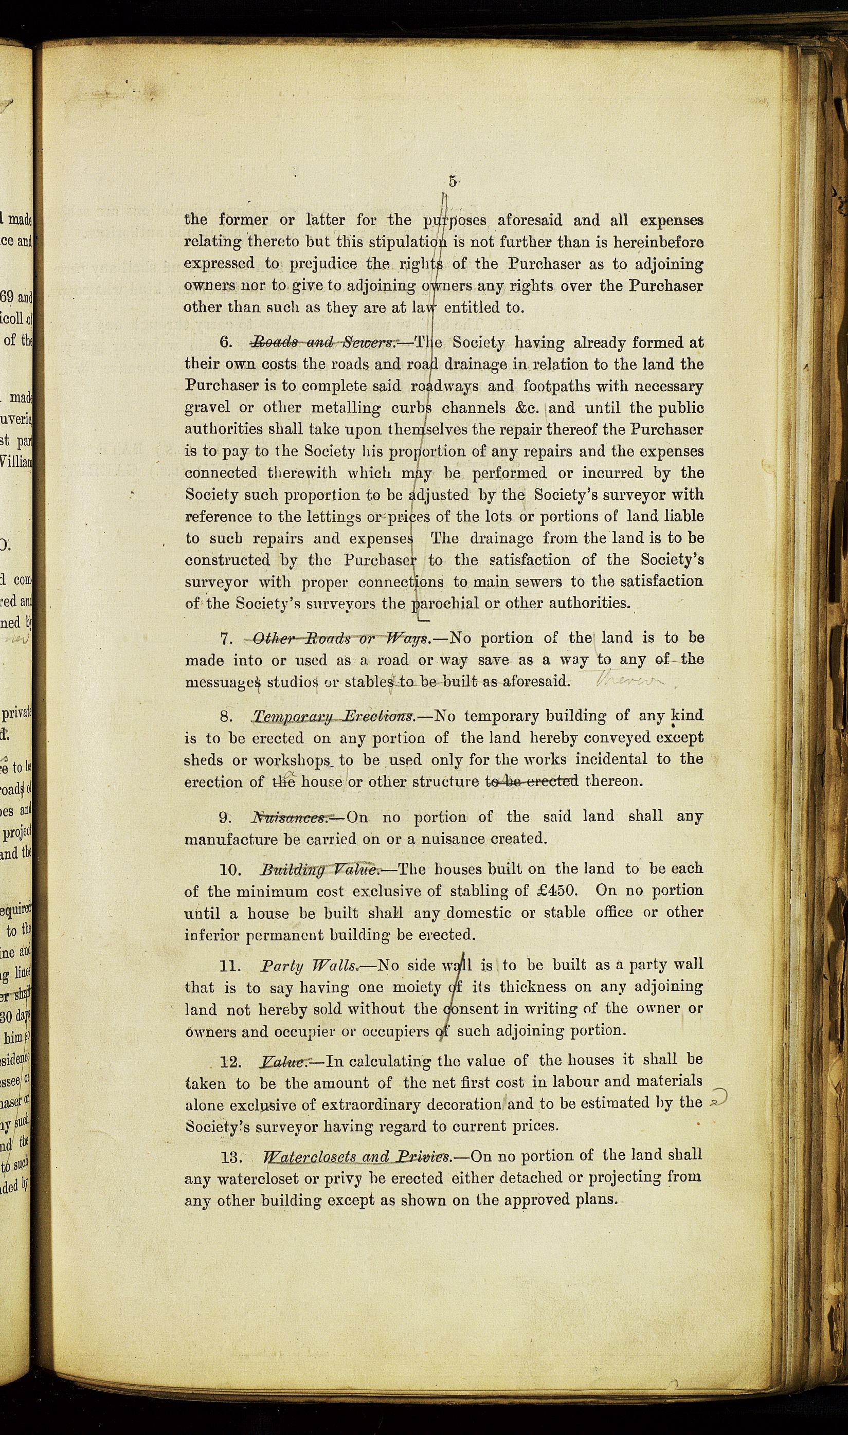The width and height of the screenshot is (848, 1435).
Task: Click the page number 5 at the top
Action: tap(452, 181)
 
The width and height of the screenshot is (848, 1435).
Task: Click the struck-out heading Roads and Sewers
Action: tap(323, 343)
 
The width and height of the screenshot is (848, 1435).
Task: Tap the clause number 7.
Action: tap(226, 638)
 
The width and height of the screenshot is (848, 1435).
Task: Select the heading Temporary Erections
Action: tap(334, 716)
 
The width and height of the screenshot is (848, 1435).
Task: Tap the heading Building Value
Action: tap(319, 869)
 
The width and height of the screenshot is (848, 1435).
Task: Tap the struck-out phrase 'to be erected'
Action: tap(531, 781)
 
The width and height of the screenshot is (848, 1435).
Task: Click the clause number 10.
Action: tap(232, 869)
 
